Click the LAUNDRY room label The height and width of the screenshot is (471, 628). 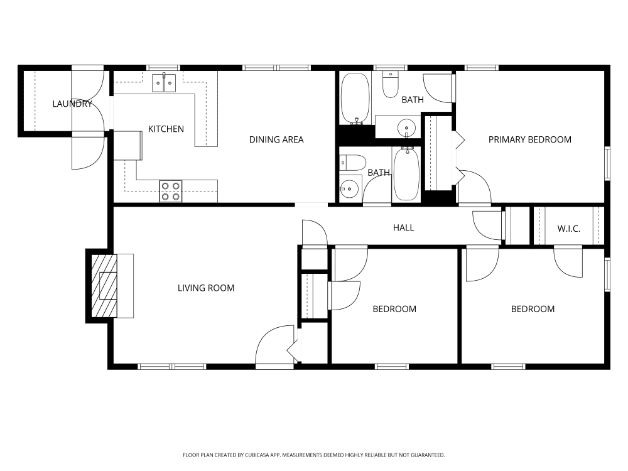point(72,104)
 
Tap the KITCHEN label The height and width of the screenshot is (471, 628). point(166,129)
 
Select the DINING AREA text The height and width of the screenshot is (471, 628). point(276,140)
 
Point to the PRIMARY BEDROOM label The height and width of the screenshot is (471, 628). point(530,140)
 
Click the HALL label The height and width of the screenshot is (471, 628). point(403,228)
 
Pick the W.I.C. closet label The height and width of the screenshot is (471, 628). point(569,229)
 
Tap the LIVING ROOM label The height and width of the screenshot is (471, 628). point(206,288)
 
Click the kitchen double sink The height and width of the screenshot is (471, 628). point(164,82)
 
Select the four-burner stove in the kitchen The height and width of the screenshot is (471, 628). point(171,192)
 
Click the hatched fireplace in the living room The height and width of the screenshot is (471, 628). point(104,286)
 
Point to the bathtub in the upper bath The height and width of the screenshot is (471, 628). point(355,99)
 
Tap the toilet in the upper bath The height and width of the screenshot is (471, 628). point(390,84)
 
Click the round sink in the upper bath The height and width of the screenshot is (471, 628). point(406,128)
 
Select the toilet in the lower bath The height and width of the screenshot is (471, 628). point(352,163)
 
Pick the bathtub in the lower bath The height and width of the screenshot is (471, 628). point(407,174)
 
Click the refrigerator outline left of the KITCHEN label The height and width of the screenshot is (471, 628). point(127,146)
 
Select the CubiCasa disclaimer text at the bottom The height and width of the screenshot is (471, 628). point(313,455)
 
